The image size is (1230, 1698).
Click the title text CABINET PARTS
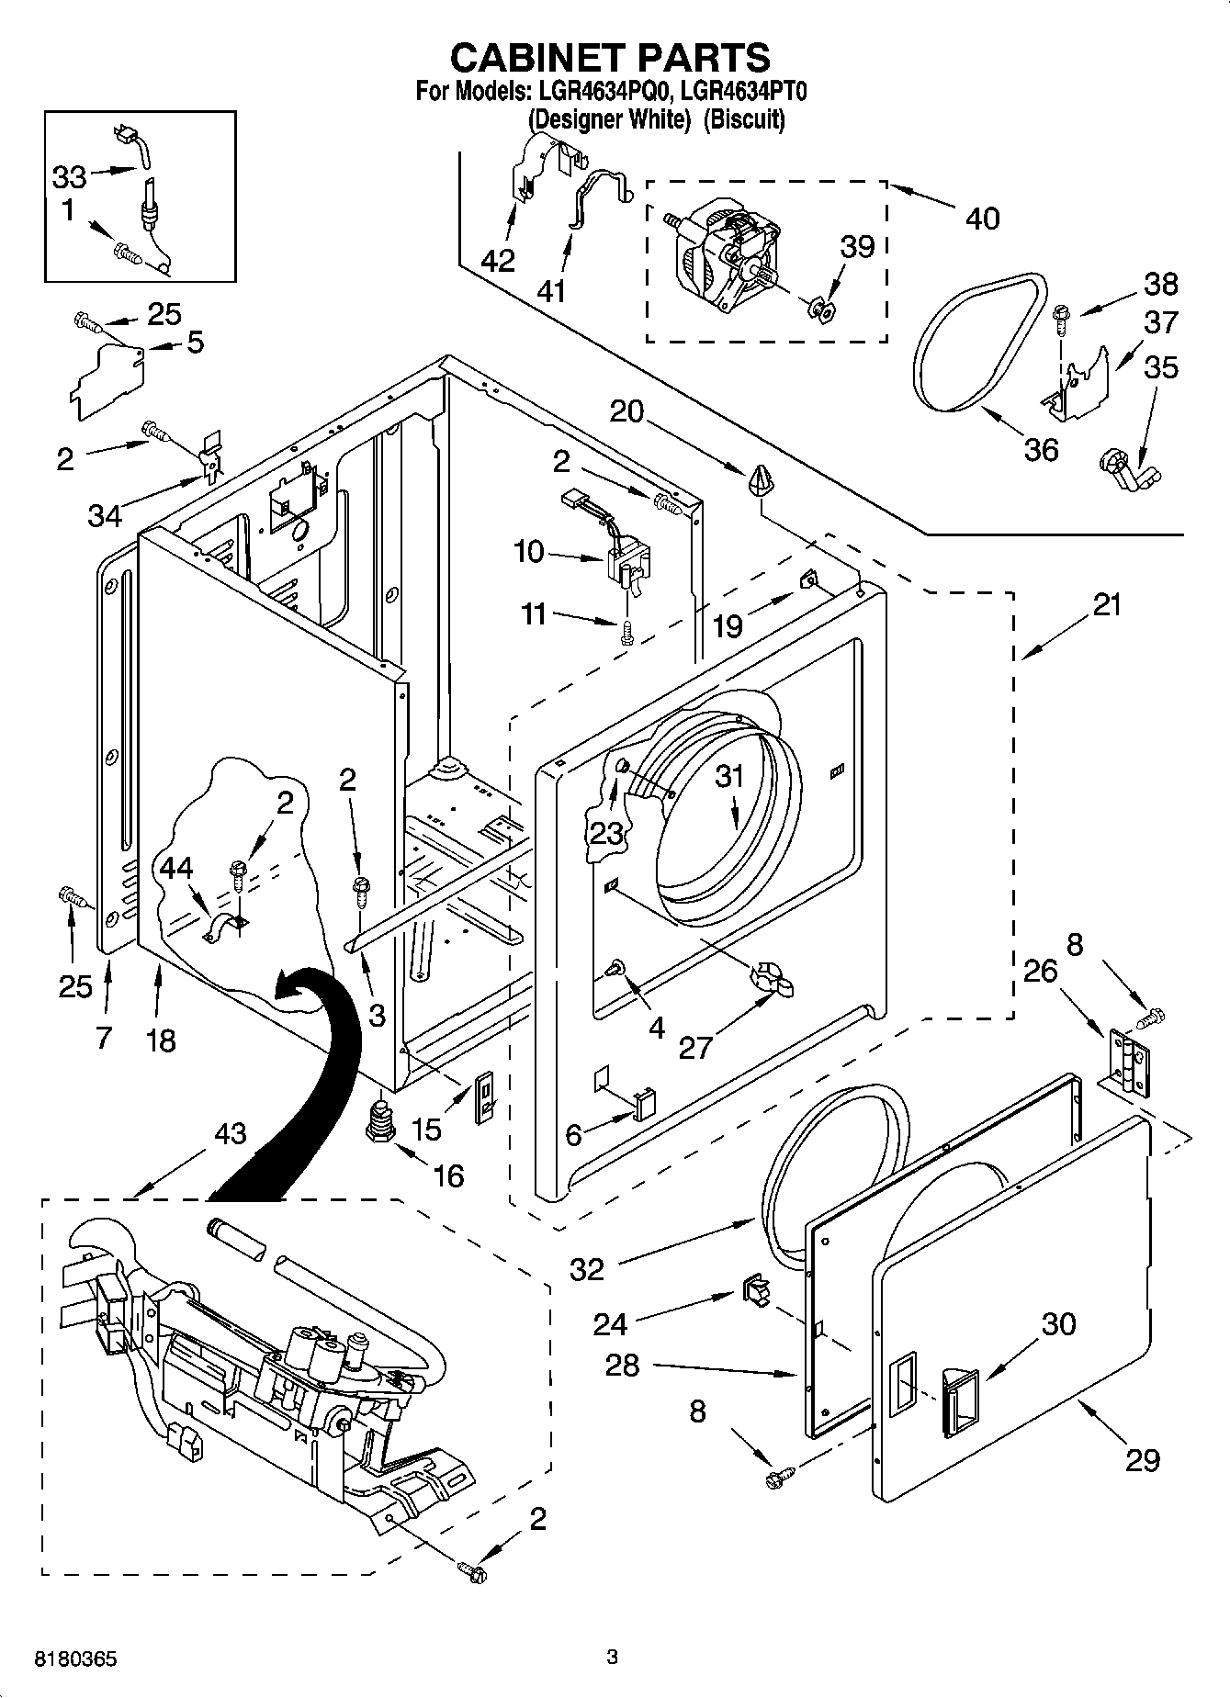tap(610, 57)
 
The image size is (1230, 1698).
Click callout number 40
tap(982, 219)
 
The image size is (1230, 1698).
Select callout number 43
tap(230, 1134)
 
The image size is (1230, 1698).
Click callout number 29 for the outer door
tap(1143, 1460)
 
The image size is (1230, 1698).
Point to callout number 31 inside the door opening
tap(729, 777)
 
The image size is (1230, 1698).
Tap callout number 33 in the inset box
tap(69, 176)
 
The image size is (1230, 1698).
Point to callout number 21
tap(1107, 605)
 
